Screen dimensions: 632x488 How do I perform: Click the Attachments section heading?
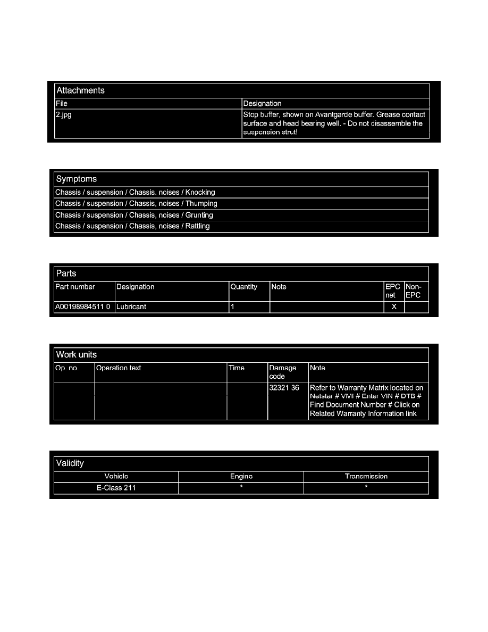click(80, 90)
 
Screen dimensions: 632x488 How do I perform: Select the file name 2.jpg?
click(64, 115)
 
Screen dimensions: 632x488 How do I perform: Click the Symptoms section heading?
click(77, 179)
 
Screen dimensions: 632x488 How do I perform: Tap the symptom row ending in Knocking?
click(135, 193)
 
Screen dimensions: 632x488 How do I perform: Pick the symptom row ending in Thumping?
click(136, 204)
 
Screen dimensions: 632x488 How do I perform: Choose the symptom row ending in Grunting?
click(134, 215)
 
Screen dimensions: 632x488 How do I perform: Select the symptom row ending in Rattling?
click(132, 227)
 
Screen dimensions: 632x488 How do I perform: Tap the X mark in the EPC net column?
click(394, 307)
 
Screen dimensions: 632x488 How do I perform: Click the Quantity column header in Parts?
click(243, 287)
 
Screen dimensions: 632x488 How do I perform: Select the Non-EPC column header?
click(413, 291)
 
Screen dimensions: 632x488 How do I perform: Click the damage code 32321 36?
click(284, 388)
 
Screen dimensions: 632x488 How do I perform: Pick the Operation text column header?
click(119, 368)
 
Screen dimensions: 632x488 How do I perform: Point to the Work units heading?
click(77, 355)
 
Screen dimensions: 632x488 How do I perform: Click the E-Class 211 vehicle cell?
click(116, 488)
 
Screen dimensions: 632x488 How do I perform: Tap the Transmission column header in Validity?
click(366, 477)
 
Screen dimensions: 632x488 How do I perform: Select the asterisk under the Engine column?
click(241, 488)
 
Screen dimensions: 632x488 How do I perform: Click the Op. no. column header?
click(67, 368)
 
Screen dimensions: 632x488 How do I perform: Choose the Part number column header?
click(75, 287)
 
